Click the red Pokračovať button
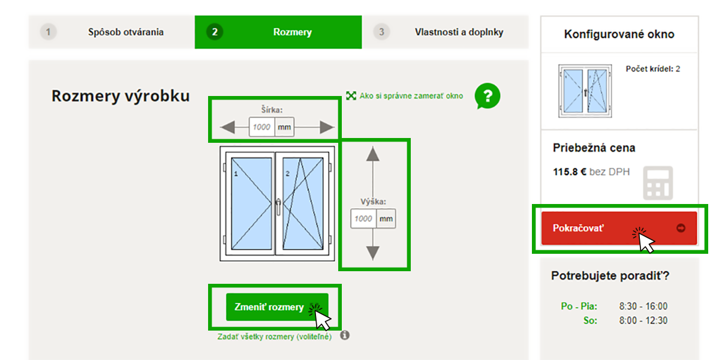point(618,228)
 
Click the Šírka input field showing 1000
point(261,127)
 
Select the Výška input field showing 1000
point(363,219)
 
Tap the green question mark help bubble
point(488,95)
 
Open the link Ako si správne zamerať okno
point(411,96)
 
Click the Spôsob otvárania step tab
point(125,32)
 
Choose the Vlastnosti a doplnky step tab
point(459,32)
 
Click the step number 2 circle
point(214,32)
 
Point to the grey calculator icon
point(658,183)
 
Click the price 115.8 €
point(569,172)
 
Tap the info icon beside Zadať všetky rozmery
point(345,335)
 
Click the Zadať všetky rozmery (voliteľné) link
point(274,337)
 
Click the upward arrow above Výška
point(373,154)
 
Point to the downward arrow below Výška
point(373,253)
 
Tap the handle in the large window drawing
point(278,206)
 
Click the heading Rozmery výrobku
point(121,96)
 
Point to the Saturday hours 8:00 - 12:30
point(643,321)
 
